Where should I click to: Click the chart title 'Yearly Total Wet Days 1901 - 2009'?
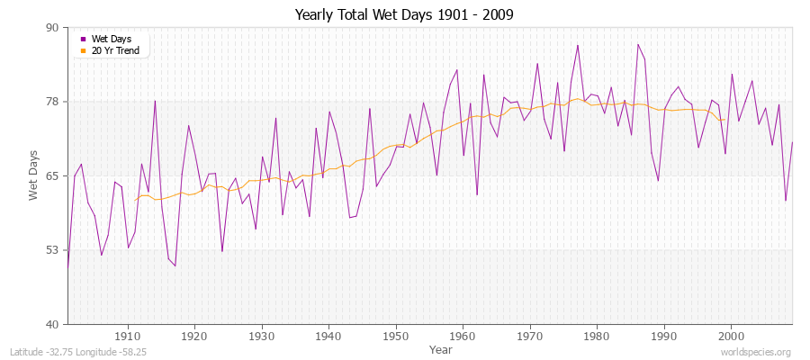(404, 15)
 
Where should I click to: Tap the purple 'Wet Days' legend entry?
(111, 39)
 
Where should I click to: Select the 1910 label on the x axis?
(128, 337)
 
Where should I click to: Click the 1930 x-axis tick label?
(262, 337)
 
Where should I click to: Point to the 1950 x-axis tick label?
(396, 337)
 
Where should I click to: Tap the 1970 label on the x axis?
(530, 337)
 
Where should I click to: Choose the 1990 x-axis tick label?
(664, 337)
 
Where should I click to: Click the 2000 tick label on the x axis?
(731, 337)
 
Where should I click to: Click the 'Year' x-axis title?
(441, 348)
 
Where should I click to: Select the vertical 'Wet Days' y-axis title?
(33, 176)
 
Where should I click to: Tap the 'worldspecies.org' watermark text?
(755, 352)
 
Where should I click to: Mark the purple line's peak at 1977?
(578, 45)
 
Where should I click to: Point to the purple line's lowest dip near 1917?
(175, 265)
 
